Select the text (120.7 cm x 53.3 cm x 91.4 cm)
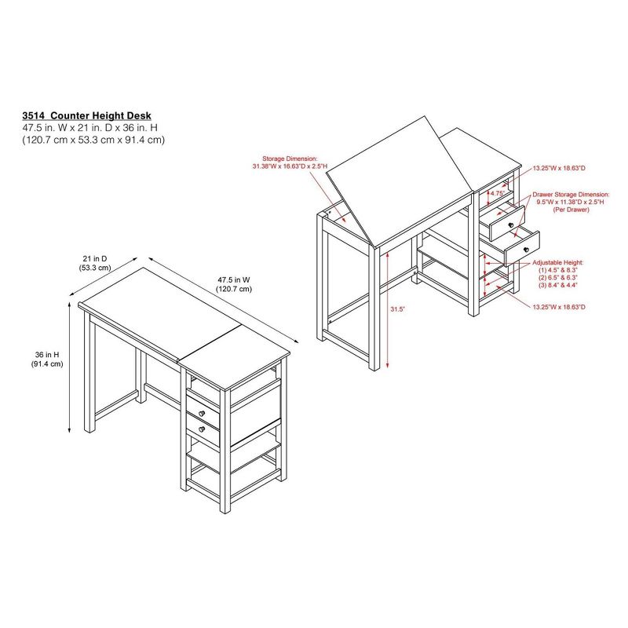[x=93, y=140]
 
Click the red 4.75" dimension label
[x=496, y=193]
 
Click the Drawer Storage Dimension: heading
[x=570, y=193]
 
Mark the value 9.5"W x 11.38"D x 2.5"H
[x=570, y=203]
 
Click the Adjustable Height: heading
[x=558, y=261]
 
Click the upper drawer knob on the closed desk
[x=202, y=414]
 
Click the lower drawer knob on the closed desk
[x=202, y=429]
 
